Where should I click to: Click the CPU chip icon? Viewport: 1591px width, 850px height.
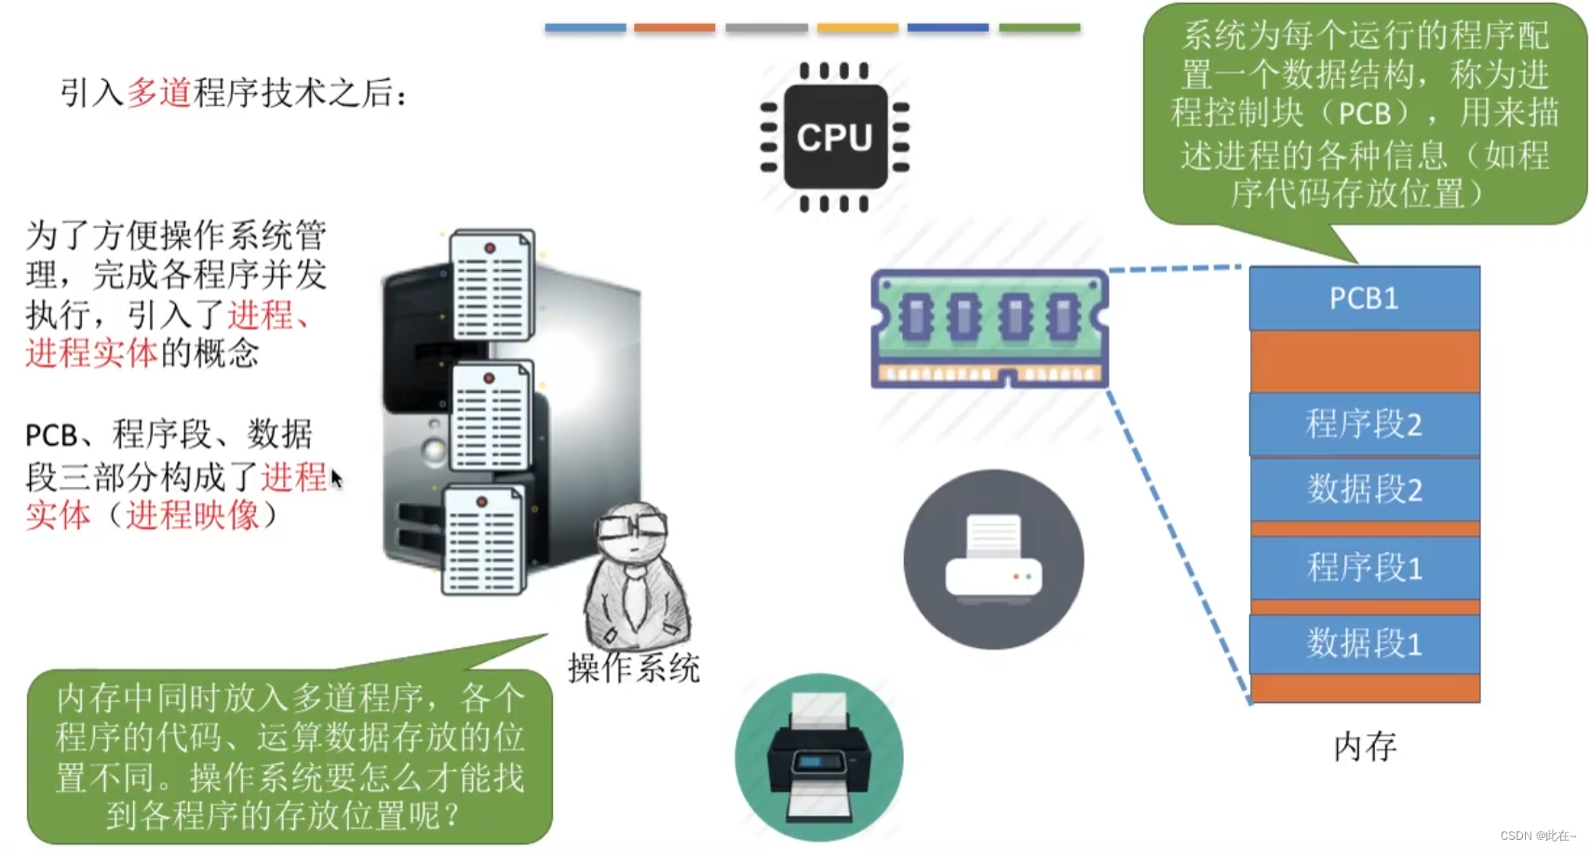click(834, 137)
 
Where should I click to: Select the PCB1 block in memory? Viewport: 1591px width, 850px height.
click(1364, 298)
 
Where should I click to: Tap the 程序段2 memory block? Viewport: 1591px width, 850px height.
click(1364, 424)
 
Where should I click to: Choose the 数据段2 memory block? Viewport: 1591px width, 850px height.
click(1364, 489)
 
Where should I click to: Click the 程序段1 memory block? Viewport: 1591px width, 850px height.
click(1364, 567)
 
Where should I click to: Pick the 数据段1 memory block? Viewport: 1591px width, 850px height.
click(1364, 642)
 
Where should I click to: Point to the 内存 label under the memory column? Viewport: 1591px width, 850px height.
click(1365, 746)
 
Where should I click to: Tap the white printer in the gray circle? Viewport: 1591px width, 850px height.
click(993, 559)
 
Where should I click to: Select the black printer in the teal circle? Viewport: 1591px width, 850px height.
click(818, 757)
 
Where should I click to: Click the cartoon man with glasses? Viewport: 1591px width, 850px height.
click(635, 577)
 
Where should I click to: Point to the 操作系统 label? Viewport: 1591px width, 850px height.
click(633, 668)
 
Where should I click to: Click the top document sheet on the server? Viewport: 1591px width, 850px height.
click(492, 284)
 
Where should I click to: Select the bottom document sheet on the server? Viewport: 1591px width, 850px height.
click(483, 540)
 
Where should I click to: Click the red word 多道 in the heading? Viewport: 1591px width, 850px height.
click(158, 92)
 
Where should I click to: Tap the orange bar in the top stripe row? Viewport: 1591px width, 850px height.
click(674, 28)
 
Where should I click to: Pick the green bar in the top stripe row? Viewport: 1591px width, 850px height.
click(1039, 28)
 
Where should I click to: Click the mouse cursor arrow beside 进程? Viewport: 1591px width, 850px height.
click(336, 479)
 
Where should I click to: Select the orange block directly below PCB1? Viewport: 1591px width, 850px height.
click(1364, 361)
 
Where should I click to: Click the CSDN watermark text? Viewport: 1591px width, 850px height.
click(1537, 835)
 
